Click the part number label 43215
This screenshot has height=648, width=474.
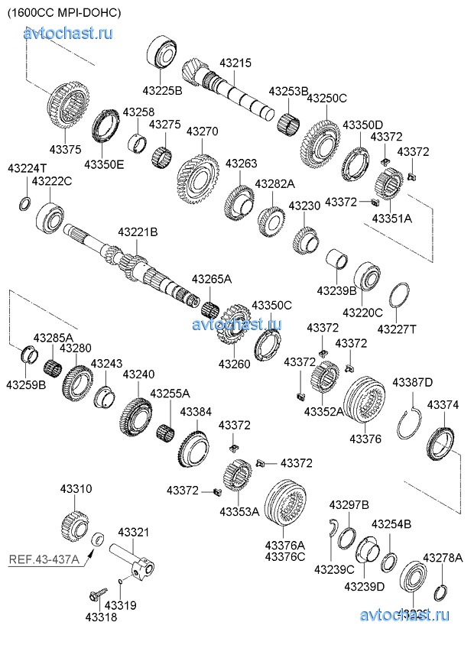click(x=235, y=66)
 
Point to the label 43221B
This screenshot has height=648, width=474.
click(x=138, y=232)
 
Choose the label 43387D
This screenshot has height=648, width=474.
click(x=412, y=382)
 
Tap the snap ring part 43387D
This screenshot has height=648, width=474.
click(x=411, y=425)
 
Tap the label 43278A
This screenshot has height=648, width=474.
click(x=443, y=559)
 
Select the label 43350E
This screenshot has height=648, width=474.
click(x=103, y=164)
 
